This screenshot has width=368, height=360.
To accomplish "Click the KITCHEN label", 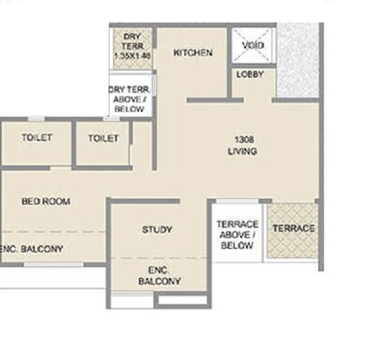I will [x=193, y=53].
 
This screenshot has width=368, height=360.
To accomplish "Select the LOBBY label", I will [x=250, y=73].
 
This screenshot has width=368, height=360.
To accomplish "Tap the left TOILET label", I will [x=37, y=138].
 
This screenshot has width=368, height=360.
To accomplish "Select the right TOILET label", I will [x=103, y=138].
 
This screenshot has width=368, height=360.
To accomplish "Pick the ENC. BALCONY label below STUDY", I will [x=153, y=274].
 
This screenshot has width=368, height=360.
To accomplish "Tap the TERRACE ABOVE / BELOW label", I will [x=237, y=234].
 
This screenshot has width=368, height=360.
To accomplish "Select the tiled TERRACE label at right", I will [x=293, y=229].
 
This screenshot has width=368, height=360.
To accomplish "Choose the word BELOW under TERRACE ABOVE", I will [x=237, y=245].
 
